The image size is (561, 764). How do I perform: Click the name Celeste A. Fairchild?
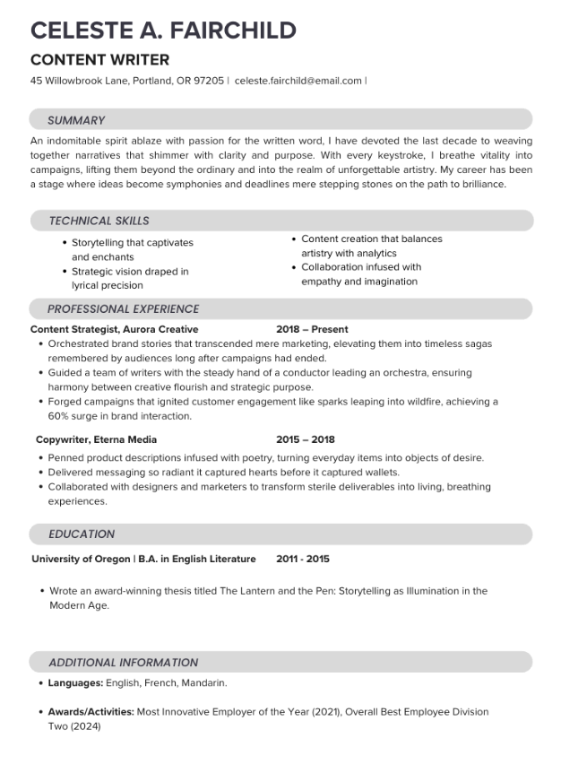(163, 30)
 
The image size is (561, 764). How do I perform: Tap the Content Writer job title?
(99, 60)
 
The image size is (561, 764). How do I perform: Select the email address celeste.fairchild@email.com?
(298, 81)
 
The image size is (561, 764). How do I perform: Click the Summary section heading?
(76, 120)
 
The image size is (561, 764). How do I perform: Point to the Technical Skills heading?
(99, 221)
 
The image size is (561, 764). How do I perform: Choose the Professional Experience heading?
(123, 309)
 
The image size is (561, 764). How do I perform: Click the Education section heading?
(82, 534)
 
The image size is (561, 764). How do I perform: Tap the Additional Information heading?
(123, 663)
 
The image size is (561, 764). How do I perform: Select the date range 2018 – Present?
(312, 329)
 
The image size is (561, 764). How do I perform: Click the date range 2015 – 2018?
(305, 439)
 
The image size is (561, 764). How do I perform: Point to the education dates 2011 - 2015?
(303, 559)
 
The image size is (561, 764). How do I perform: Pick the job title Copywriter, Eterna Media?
(96, 439)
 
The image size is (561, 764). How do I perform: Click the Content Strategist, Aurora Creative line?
(114, 329)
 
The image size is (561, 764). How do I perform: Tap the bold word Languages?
(75, 683)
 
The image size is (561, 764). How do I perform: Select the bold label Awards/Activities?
(91, 712)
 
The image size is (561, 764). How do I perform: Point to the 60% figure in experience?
(59, 416)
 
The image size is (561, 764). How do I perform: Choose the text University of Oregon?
(81, 559)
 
